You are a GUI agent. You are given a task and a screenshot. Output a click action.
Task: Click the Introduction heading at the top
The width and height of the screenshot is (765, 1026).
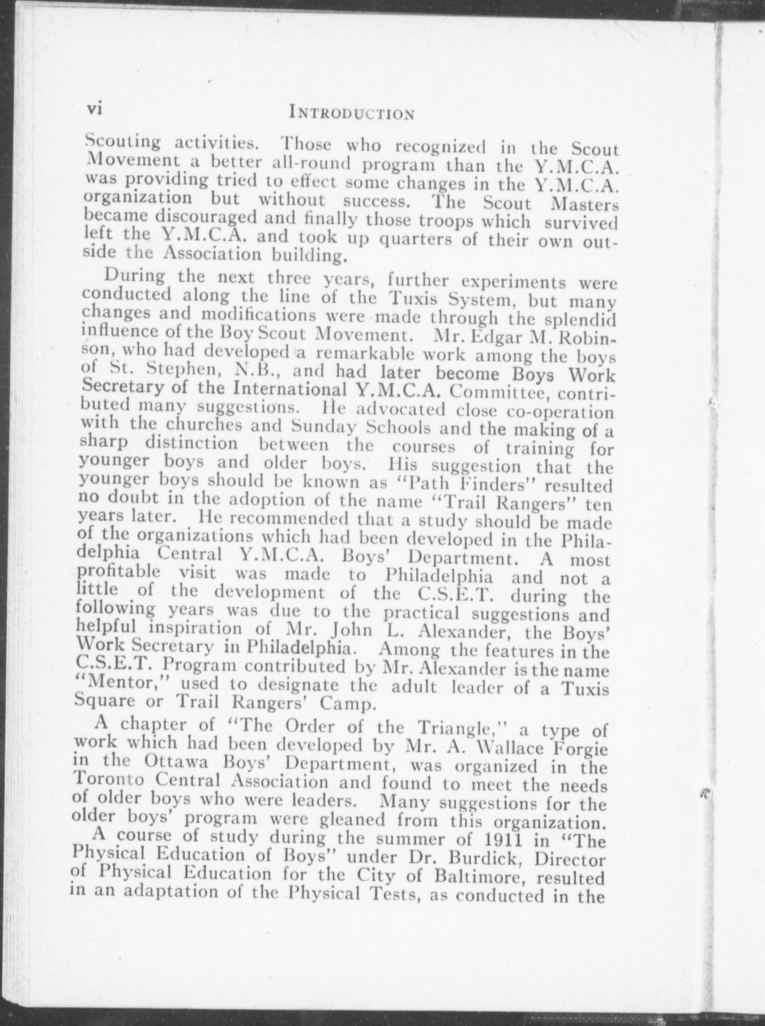[x=351, y=113]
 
